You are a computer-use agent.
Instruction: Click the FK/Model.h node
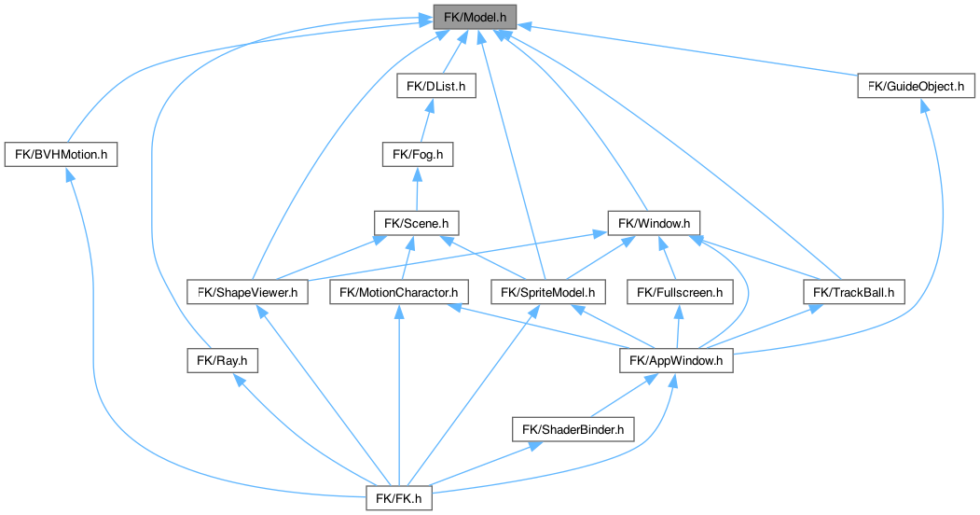click(474, 17)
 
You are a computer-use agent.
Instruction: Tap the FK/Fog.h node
click(417, 154)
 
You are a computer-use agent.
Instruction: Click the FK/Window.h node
click(654, 223)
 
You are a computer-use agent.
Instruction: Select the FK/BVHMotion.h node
click(62, 154)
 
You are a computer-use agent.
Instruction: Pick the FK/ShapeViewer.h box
click(247, 292)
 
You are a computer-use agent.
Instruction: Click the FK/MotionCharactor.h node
click(399, 292)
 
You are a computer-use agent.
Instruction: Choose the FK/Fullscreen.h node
click(679, 292)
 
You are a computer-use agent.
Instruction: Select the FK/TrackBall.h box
click(853, 292)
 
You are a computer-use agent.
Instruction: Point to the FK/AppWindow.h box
click(677, 360)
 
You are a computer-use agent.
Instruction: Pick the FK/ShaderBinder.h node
click(573, 429)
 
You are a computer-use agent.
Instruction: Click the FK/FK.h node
click(400, 498)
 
